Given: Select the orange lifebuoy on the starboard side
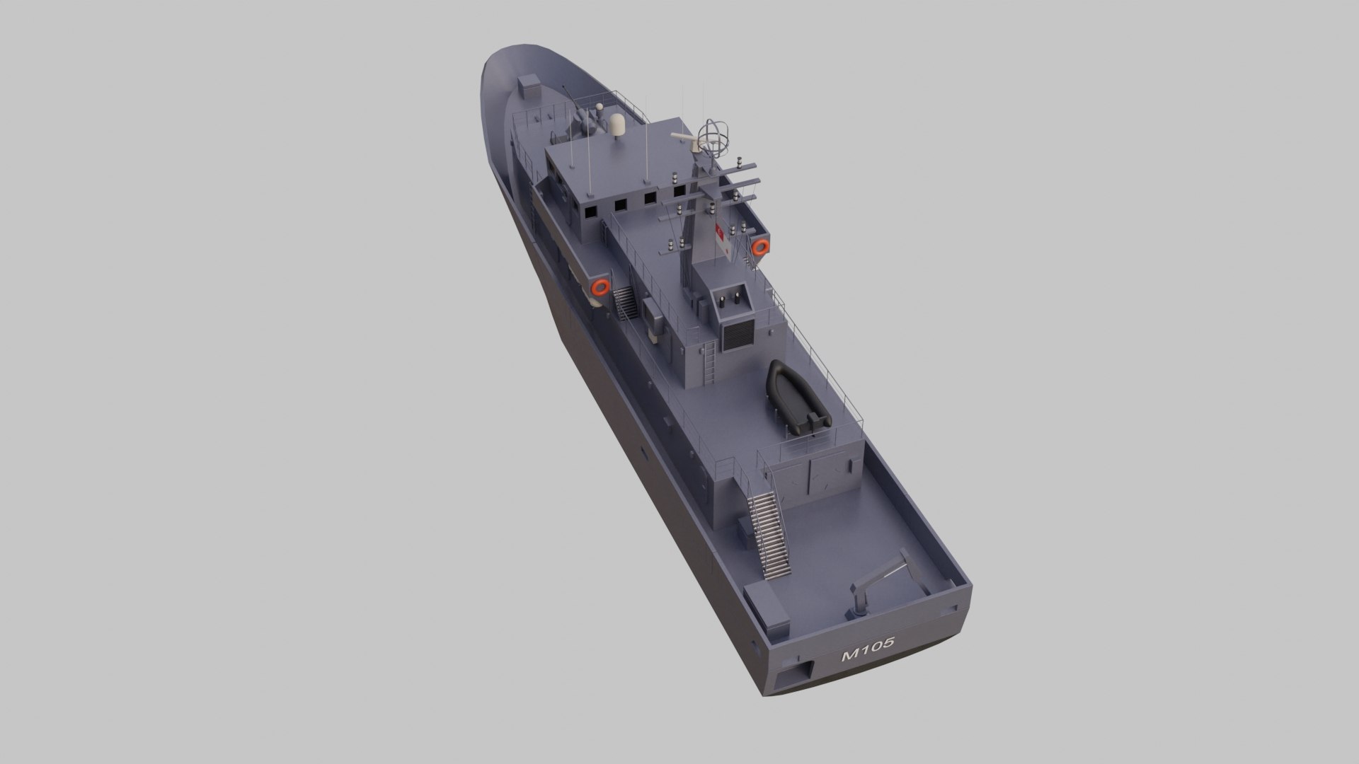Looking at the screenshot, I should point(761,247).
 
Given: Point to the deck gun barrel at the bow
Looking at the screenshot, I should point(573,99).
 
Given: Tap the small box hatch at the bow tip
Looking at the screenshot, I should point(528,87).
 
